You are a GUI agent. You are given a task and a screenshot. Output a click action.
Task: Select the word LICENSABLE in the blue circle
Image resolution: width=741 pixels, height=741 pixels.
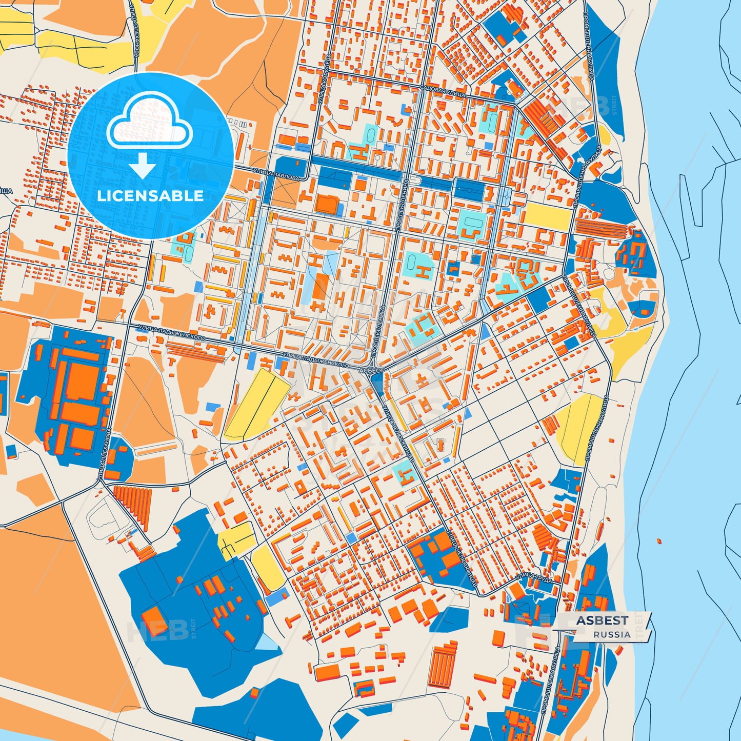pos(150,195)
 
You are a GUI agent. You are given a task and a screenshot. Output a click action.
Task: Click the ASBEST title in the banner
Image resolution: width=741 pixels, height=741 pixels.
pos(602,620)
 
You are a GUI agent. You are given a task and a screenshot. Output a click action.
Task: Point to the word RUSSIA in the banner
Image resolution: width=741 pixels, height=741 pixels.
pos(612,634)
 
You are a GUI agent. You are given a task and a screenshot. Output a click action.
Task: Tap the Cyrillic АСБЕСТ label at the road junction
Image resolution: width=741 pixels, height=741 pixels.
pos(371,370)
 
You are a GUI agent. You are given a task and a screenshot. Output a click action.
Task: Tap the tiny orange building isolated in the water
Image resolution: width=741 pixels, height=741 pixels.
pos(659,540)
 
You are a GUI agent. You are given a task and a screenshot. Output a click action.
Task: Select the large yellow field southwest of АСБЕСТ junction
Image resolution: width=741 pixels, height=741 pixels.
pos(255,404)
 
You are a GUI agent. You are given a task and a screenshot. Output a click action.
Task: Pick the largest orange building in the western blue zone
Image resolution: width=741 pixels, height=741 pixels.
pos(82,382)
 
